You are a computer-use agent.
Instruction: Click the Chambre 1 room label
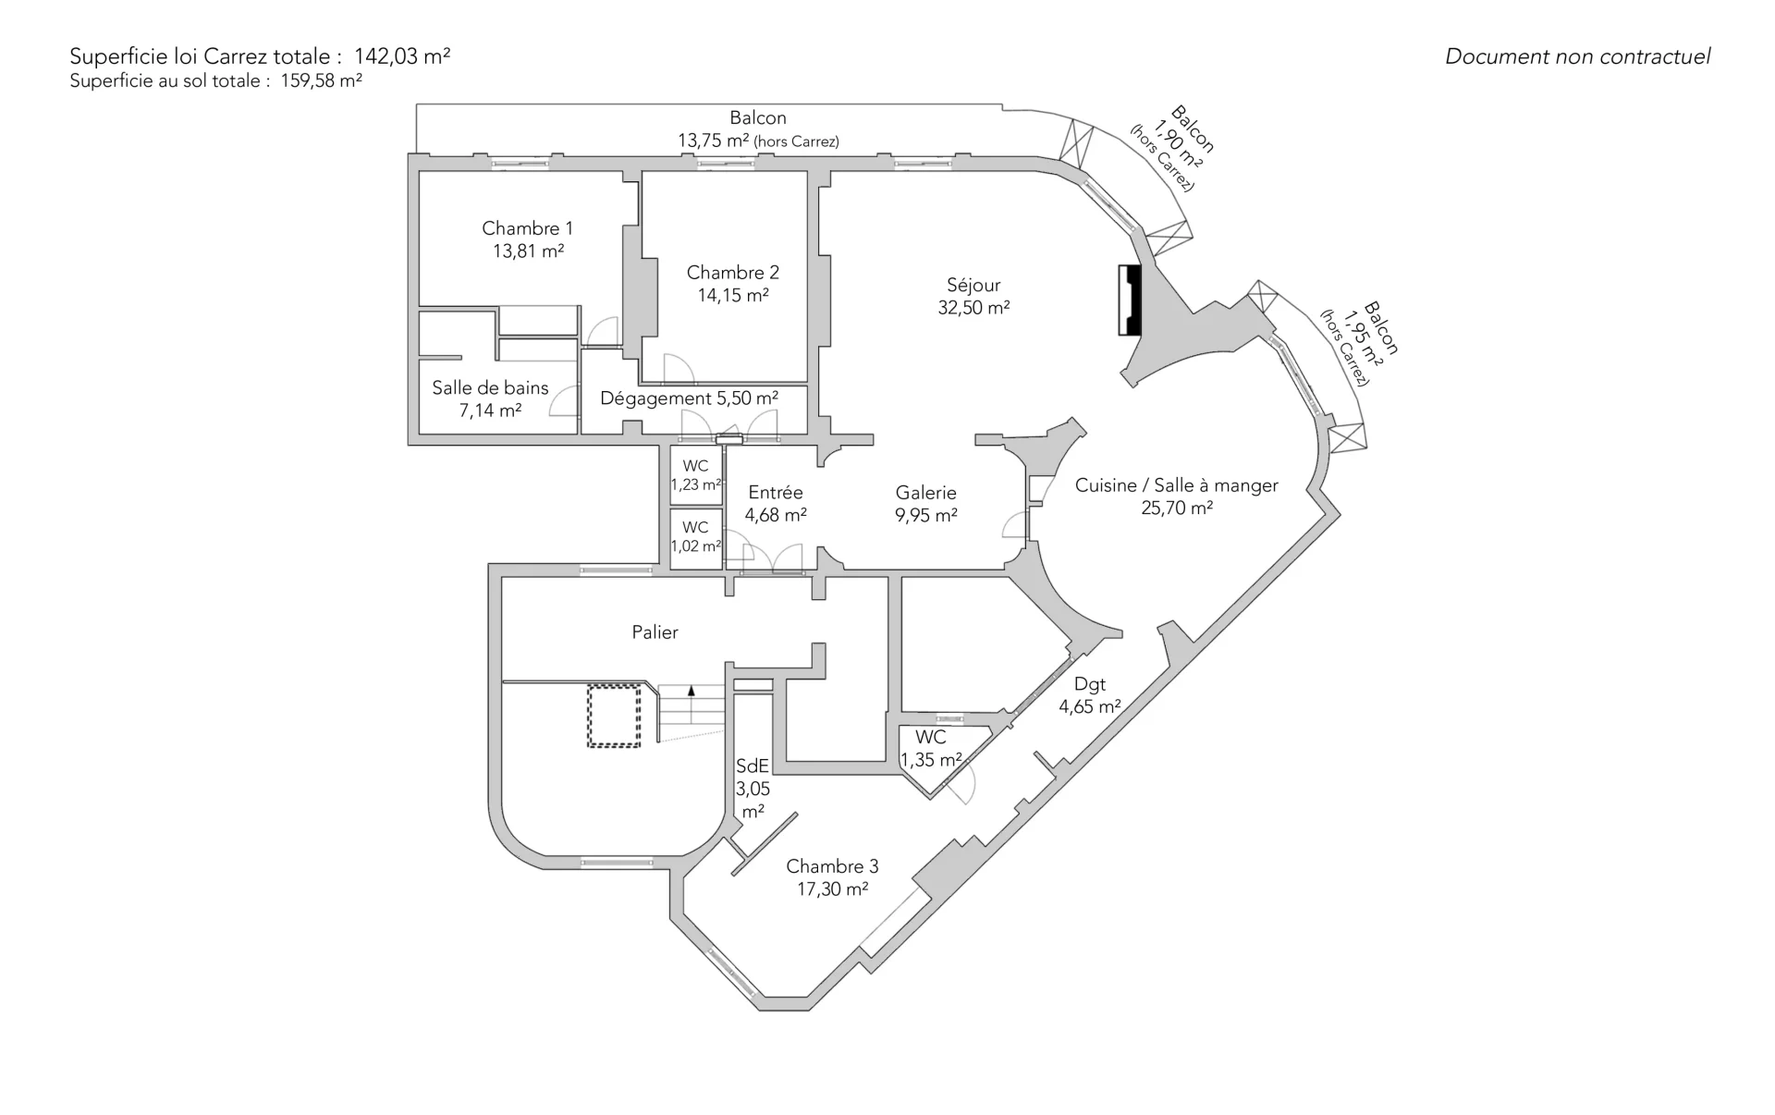(527, 228)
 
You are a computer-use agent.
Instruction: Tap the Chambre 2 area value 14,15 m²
(733, 296)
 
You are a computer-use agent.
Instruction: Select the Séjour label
(973, 286)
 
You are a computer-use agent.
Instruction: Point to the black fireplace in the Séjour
(1130, 300)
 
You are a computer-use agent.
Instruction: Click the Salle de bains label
(490, 388)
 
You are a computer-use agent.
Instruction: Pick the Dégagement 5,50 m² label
(689, 398)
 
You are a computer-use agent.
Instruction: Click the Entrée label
(776, 493)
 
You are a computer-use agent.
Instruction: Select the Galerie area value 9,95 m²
(925, 516)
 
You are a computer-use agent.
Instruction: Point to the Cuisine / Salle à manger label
(1177, 485)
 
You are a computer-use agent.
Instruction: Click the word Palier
(655, 632)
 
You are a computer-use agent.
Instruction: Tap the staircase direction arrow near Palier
(691, 690)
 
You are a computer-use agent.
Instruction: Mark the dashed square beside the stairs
(614, 715)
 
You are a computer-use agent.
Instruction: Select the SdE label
(753, 766)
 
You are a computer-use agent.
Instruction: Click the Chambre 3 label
(832, 866)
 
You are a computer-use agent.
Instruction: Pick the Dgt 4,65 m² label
(1090, 695)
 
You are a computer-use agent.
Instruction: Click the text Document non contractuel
(1577, 56)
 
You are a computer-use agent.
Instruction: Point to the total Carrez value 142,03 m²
(402, 56)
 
